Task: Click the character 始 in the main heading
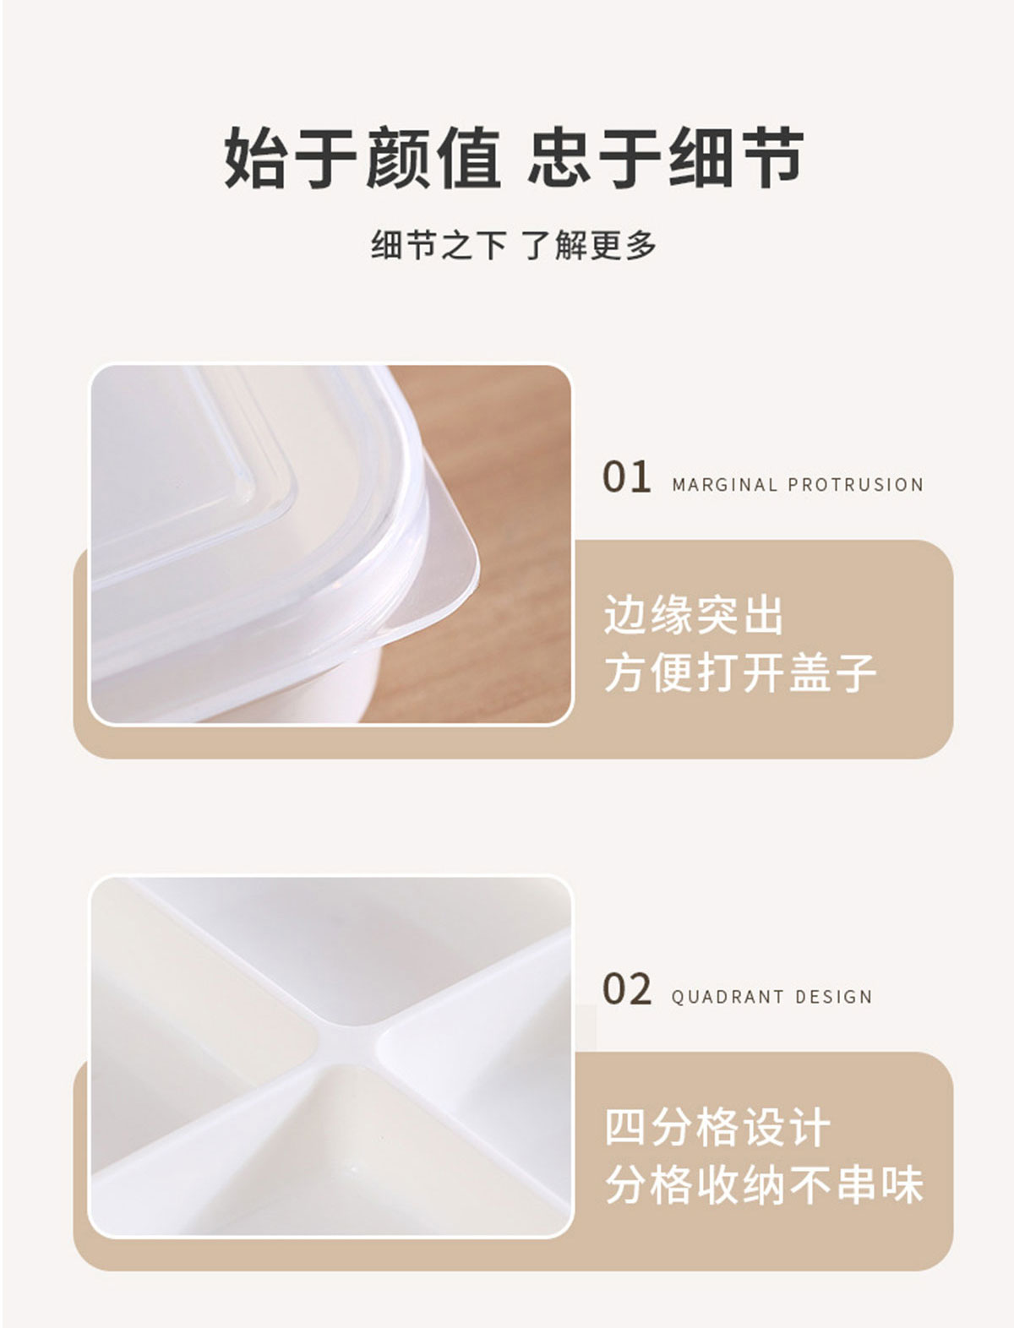(254, 158)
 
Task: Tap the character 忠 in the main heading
(559, 158)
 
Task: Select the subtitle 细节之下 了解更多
(513, 246)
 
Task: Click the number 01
(626, 476)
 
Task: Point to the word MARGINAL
(724, 485)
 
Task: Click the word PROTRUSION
(855, 485)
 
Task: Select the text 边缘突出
(694, 616)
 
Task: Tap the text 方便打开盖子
(740, 672)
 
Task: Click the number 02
(627, 989)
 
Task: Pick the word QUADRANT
(728, 997)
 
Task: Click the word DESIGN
(833, 997)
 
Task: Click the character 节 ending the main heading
(772, 158)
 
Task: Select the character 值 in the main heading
(469, 158)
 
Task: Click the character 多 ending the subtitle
(641, 246)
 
